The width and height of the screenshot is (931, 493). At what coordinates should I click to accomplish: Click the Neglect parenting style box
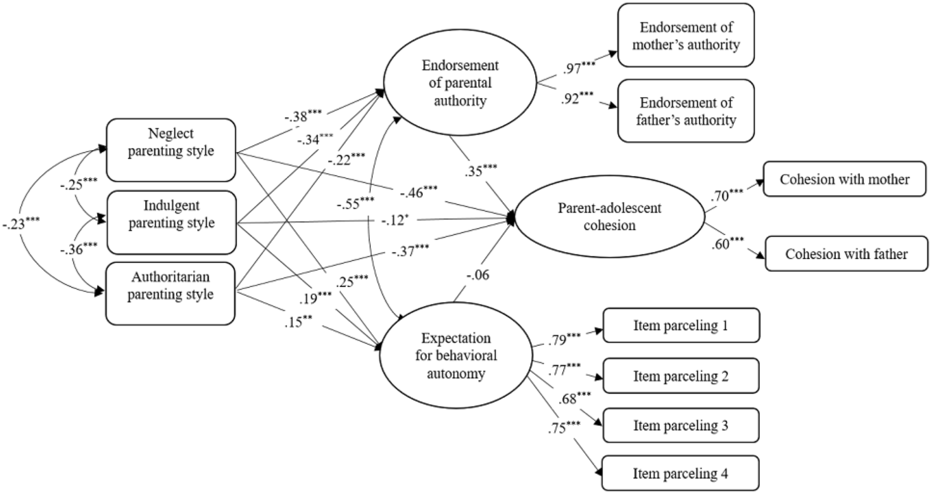tap(171, 149)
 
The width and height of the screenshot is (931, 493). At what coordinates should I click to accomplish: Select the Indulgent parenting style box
tap(171, 222)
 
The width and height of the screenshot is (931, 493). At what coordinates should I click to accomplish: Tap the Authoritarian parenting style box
tap(171, 293)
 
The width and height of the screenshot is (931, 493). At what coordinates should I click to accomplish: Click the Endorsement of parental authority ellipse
tap(460, 83)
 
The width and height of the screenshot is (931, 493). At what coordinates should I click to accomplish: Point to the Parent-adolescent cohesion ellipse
tap(609, 217)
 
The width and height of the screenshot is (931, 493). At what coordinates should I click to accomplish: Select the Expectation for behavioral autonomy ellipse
tap(456, 355)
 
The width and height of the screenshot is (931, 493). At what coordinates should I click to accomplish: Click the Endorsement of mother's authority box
tap(686, 35)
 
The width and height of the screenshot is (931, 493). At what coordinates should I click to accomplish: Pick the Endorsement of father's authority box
tap(686, 111)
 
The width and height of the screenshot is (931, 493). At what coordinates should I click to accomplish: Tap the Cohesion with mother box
tap(844, 179)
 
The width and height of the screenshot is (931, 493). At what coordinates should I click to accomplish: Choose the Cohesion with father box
tap(846, 254)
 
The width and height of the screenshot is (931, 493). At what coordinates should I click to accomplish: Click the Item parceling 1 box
tap(681, 325)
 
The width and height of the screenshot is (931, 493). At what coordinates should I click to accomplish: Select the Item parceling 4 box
tap(680, 473)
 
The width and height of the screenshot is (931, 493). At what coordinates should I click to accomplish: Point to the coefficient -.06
tap(477, 275)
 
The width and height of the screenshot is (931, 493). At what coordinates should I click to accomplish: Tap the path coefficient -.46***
tap(418, 192)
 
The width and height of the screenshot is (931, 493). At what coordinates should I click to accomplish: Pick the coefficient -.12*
tap(394, 220)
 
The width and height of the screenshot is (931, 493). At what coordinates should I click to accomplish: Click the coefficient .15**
tap(298, 322)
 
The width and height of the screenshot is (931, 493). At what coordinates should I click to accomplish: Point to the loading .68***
tap(574, 398)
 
